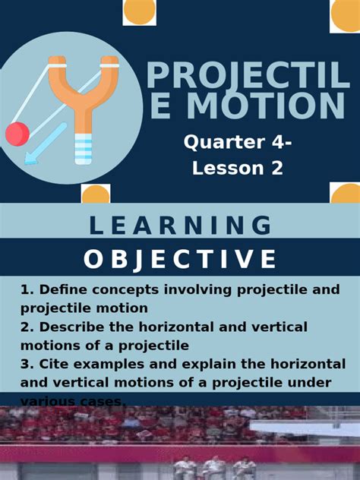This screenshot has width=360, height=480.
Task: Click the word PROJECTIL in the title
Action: click(x=248, y=76)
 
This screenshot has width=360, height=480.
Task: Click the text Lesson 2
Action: click(x=238, y=168)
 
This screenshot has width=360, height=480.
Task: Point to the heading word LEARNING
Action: click(x=180, y=226)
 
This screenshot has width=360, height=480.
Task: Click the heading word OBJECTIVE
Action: click(x=180, y=260)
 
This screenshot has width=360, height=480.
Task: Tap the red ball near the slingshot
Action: click(x=17, y=134)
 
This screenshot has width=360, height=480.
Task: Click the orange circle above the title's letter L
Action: click(x=344, y=15)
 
